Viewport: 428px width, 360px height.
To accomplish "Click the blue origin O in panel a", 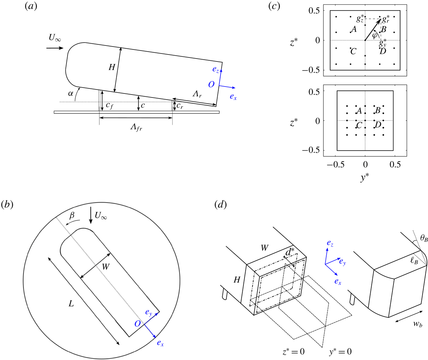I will click(x=211, y=84).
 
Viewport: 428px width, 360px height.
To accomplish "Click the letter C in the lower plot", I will click(x=359, y=126).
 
